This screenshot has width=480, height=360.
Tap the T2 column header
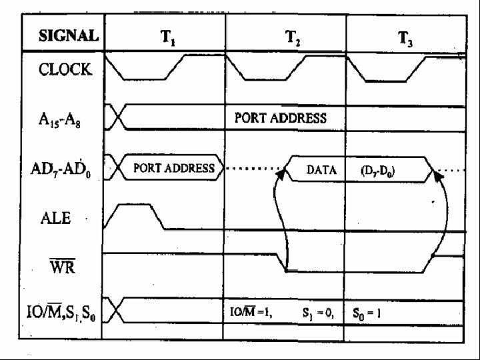point(292,37)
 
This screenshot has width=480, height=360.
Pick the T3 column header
point(406,38)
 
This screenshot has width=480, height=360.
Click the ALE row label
point(58,217)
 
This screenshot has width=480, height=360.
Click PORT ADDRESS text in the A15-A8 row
point(280,118)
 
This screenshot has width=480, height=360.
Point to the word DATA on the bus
point(321,169)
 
